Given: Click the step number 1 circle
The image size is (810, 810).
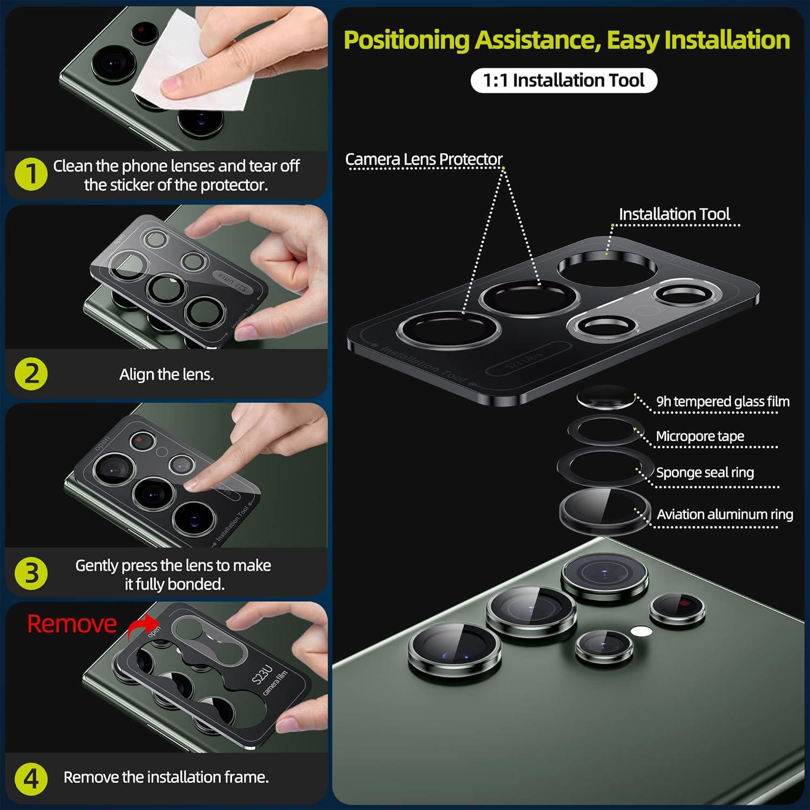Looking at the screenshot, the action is [31, 174].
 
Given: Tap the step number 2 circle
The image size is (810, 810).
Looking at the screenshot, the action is [31, 374].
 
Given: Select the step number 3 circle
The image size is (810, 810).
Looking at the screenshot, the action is [31, 573].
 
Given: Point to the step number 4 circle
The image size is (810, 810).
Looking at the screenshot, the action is [31, 778].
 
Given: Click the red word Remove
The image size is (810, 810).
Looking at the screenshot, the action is [72, 624].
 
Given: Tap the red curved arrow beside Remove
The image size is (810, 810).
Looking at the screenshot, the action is [142, 626].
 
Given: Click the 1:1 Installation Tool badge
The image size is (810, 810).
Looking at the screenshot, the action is [564, 80].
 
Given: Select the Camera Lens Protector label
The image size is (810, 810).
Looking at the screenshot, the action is [424, 159].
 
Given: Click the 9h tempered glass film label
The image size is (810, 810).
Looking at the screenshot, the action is [723, 402].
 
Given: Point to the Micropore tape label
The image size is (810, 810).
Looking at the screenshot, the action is [700, 436].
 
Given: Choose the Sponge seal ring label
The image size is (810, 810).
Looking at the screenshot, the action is [705, 473].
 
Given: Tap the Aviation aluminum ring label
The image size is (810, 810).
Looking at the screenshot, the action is [725, 514].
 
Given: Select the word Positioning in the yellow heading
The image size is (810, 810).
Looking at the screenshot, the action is [407, 40].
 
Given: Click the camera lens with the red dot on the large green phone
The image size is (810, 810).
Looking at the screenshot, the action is [677, 609].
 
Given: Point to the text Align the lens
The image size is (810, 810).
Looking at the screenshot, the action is [166, 374].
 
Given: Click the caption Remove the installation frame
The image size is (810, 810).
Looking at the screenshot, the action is [166, 777].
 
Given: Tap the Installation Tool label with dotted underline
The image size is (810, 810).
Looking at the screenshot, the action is [674, 214].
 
